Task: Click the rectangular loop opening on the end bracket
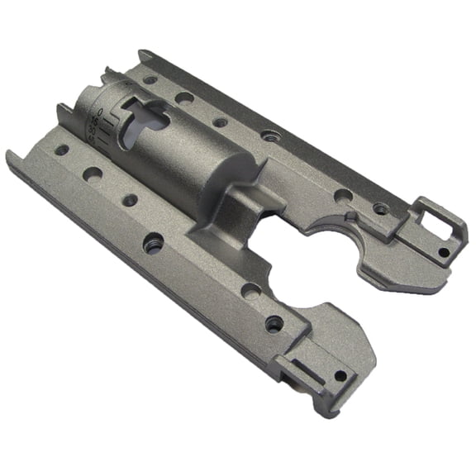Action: coord(435,217)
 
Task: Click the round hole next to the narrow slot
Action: coord(340,376)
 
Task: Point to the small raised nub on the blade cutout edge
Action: coord(350,218)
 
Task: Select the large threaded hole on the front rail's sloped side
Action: coord(153,244)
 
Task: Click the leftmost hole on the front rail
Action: coord(62,150)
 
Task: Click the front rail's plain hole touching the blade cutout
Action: coord(249,290)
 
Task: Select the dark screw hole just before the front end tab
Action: coord(274,324)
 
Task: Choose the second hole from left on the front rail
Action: coord(93,174)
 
